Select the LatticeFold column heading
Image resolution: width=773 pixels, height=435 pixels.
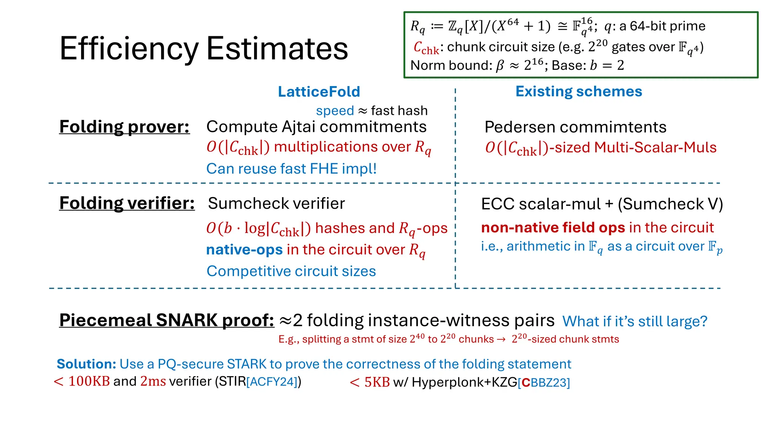pyautogui.click(x=319, y=92)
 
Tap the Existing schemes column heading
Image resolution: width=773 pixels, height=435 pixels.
pyautogui.click(x=579, y=92)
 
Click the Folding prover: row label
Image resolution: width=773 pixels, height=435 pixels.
pyautogui.click(x=124, y=127)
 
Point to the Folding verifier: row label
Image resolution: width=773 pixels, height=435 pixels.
pyautogui.click(x=127, y=203)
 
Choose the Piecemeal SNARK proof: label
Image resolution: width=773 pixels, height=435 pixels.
pyautogui.click(x=166, y=320)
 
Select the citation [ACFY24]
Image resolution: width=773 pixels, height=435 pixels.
pyautogui.click(x=272, y=382)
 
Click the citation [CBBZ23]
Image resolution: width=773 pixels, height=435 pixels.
pyautogui.click(x=544, y=383)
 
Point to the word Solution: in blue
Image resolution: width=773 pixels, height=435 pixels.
pyautogui.click(x=86, y=364)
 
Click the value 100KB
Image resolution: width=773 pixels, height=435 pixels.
pyautogui.click(x=89, y=381)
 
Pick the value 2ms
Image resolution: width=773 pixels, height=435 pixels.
pyautogui.click(x=153, y=381)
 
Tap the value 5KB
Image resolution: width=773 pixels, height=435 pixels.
pyautogui.click(x=377, y=382)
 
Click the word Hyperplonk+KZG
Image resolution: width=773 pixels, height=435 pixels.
pyautogui.click(x=464, y=382)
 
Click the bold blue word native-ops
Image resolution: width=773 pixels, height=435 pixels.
pyautogui.click(x=244, y=250)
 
